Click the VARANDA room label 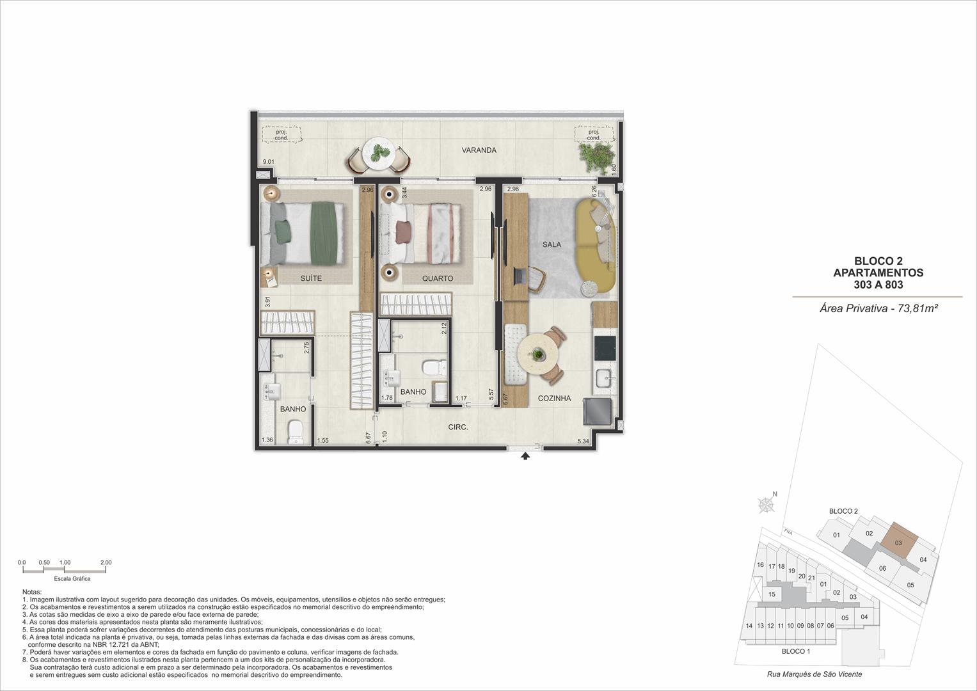(x=479, y=150)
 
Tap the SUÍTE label (x=311, y=278)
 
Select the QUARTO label (x=438, y=278)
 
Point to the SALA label (x=552, y=244)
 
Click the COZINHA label (x=554, y=398)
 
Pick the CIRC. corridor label (x=458, y=427)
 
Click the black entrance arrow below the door (x=525, y=456)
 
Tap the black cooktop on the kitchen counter (x=605, y=347)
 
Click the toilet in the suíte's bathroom (x=296, y=432)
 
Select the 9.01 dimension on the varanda (x=268, y=162)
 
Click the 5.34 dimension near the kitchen (x=583, y=441)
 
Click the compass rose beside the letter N (x=766, y=505)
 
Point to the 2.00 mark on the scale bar (x=106, y=562)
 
